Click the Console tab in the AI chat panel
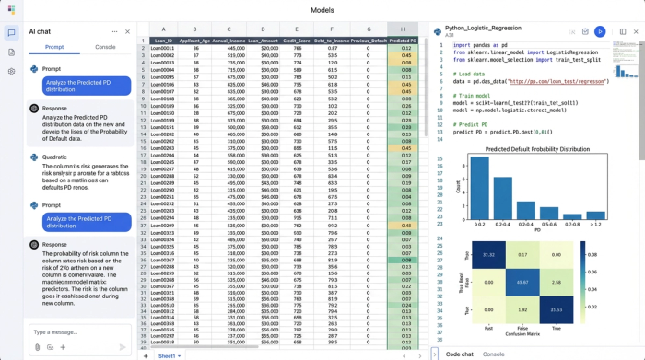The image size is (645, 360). pos(105,46)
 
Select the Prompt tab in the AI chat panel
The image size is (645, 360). pos(54,46)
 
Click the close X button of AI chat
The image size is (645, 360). pos(127,31)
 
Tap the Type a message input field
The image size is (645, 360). pos(74,331)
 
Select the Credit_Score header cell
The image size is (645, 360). pos(296,41)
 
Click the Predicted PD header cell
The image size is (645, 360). pos(403,41)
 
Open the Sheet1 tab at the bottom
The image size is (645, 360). pos(168,354)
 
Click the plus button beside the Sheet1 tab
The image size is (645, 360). pos(145,354)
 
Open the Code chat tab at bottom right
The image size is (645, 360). pos(459,354)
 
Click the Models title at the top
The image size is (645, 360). pos(322,9)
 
